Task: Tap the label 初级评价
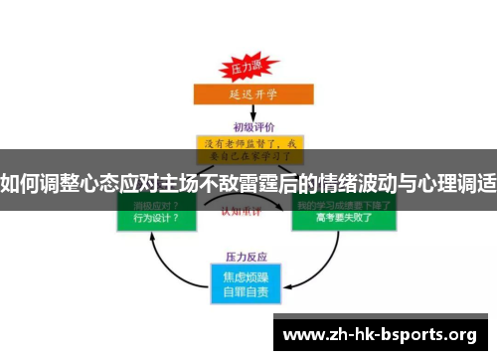pyautogui.click(x=253, y=127)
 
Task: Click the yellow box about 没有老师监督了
pyautogui.click(x=250, y=149)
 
